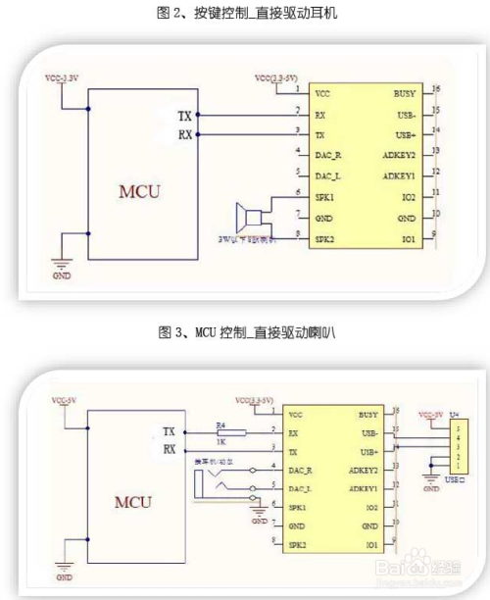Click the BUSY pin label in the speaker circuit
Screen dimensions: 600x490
coord(404,93)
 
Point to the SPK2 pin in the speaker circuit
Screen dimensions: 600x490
coord(325,238)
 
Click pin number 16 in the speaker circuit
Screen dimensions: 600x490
coord(435,88)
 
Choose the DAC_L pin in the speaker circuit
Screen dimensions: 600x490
coord(328,175)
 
